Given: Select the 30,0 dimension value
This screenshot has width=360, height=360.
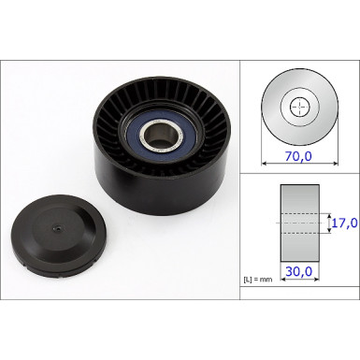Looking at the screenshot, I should tap(299, 272).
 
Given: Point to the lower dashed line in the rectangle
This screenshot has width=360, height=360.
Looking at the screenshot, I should tap(299, 233).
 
